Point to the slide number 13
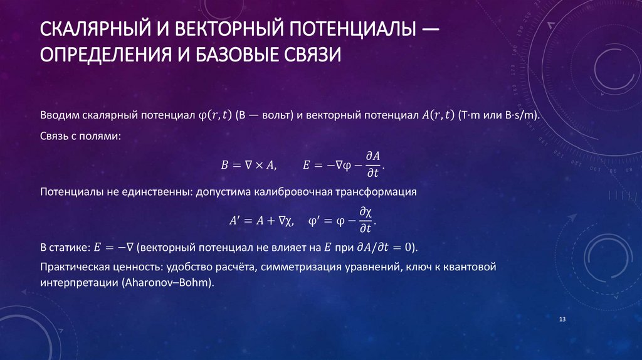(562, 320)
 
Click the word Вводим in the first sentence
(57, 115)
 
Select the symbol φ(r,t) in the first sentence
(215, 115)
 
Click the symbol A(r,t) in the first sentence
(438, 115)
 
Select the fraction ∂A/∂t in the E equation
(373, 165)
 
